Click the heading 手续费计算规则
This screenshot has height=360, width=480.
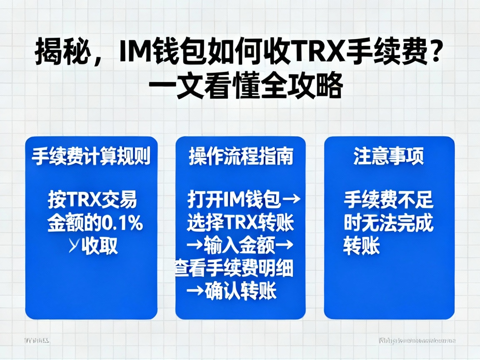pos(91,157)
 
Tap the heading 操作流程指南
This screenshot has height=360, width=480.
pos(241,157)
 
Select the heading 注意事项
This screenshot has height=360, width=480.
pos(389,157)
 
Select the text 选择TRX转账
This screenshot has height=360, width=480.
pos(240,224)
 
